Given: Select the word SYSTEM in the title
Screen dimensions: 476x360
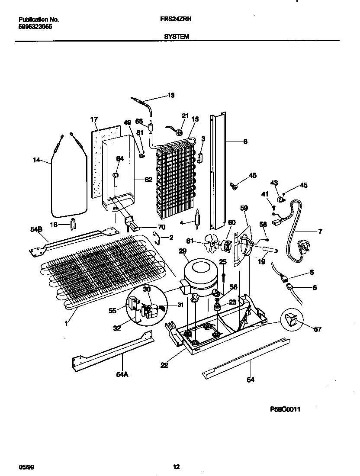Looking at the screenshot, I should pos(177,37).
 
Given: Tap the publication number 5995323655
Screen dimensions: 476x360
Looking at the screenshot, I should pos(35,26).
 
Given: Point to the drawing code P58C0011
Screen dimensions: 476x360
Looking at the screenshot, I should pos(285,408).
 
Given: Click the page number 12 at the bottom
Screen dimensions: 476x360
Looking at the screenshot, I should pos(176,467).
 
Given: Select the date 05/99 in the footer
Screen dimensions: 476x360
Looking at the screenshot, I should pos(26,467).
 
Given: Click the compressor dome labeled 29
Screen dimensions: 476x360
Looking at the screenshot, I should pos(199,271).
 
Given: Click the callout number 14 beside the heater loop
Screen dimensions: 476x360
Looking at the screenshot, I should pos(36,160).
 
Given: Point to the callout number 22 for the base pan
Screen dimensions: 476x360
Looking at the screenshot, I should pos(164,365).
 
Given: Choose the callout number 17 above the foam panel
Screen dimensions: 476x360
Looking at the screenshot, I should pos(94,119).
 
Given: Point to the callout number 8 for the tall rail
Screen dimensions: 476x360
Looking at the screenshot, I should pos(245,141).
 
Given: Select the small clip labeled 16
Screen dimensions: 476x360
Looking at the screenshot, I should pos(72,224).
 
